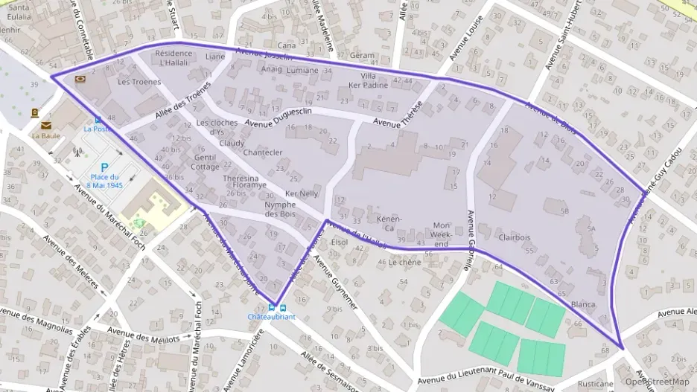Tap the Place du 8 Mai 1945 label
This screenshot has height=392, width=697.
[104, 181]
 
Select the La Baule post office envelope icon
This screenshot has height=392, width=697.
[46, 126]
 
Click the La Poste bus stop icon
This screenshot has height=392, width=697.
[98, 120]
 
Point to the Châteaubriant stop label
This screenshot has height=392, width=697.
[271, 316]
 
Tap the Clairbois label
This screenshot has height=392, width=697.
[515, 237]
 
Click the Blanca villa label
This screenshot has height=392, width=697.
[583, 304]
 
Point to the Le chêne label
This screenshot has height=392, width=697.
[404, 262]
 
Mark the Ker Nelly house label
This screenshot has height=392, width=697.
[302, 193]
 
